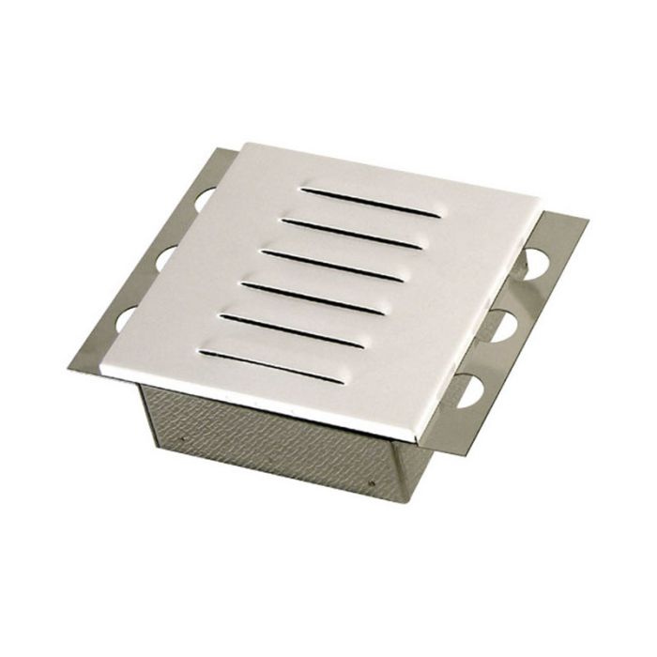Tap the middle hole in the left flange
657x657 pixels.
click(170, 256)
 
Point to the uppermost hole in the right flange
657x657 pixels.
click(539, 258)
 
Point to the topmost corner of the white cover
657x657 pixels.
click(246, 144)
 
